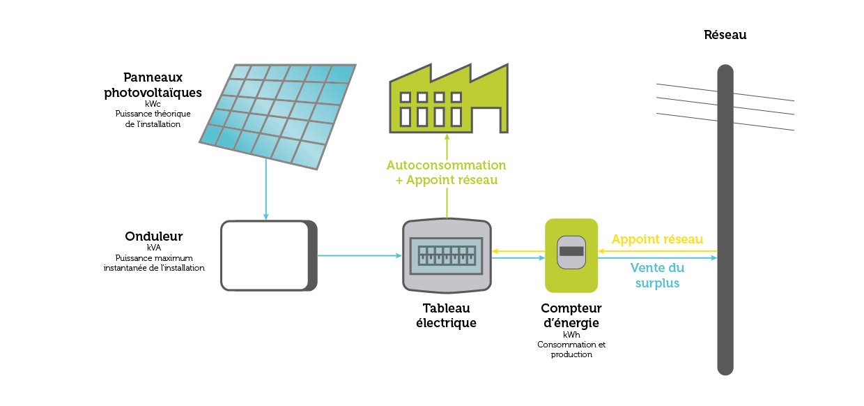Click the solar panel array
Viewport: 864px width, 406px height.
(279, 115)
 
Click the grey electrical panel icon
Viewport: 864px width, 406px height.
(447, 255)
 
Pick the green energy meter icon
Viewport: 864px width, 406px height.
(571, 255)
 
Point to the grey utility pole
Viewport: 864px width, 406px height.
(725, 223)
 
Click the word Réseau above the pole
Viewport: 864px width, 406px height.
(725, 34)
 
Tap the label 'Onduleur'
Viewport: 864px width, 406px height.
(153, 236)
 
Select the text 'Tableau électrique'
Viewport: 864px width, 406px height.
(446, 315)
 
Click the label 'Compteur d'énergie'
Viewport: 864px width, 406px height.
(571, 315)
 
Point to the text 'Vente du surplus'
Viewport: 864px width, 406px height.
(656, 275)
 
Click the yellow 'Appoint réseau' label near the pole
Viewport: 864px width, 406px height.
(657, 239)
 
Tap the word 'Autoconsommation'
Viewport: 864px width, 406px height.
(446, 165)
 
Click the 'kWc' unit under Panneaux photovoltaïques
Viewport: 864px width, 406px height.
(153, 104)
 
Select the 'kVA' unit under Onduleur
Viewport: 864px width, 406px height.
(153, 247)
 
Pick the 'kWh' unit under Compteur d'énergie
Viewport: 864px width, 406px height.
(571, 335)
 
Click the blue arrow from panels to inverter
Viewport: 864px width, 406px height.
(266, 188)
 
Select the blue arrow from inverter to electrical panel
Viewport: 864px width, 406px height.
(359, 256)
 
